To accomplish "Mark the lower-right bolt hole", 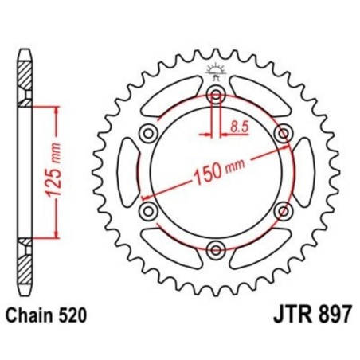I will click(282, 211).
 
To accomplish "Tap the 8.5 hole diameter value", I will click(237, 126).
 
